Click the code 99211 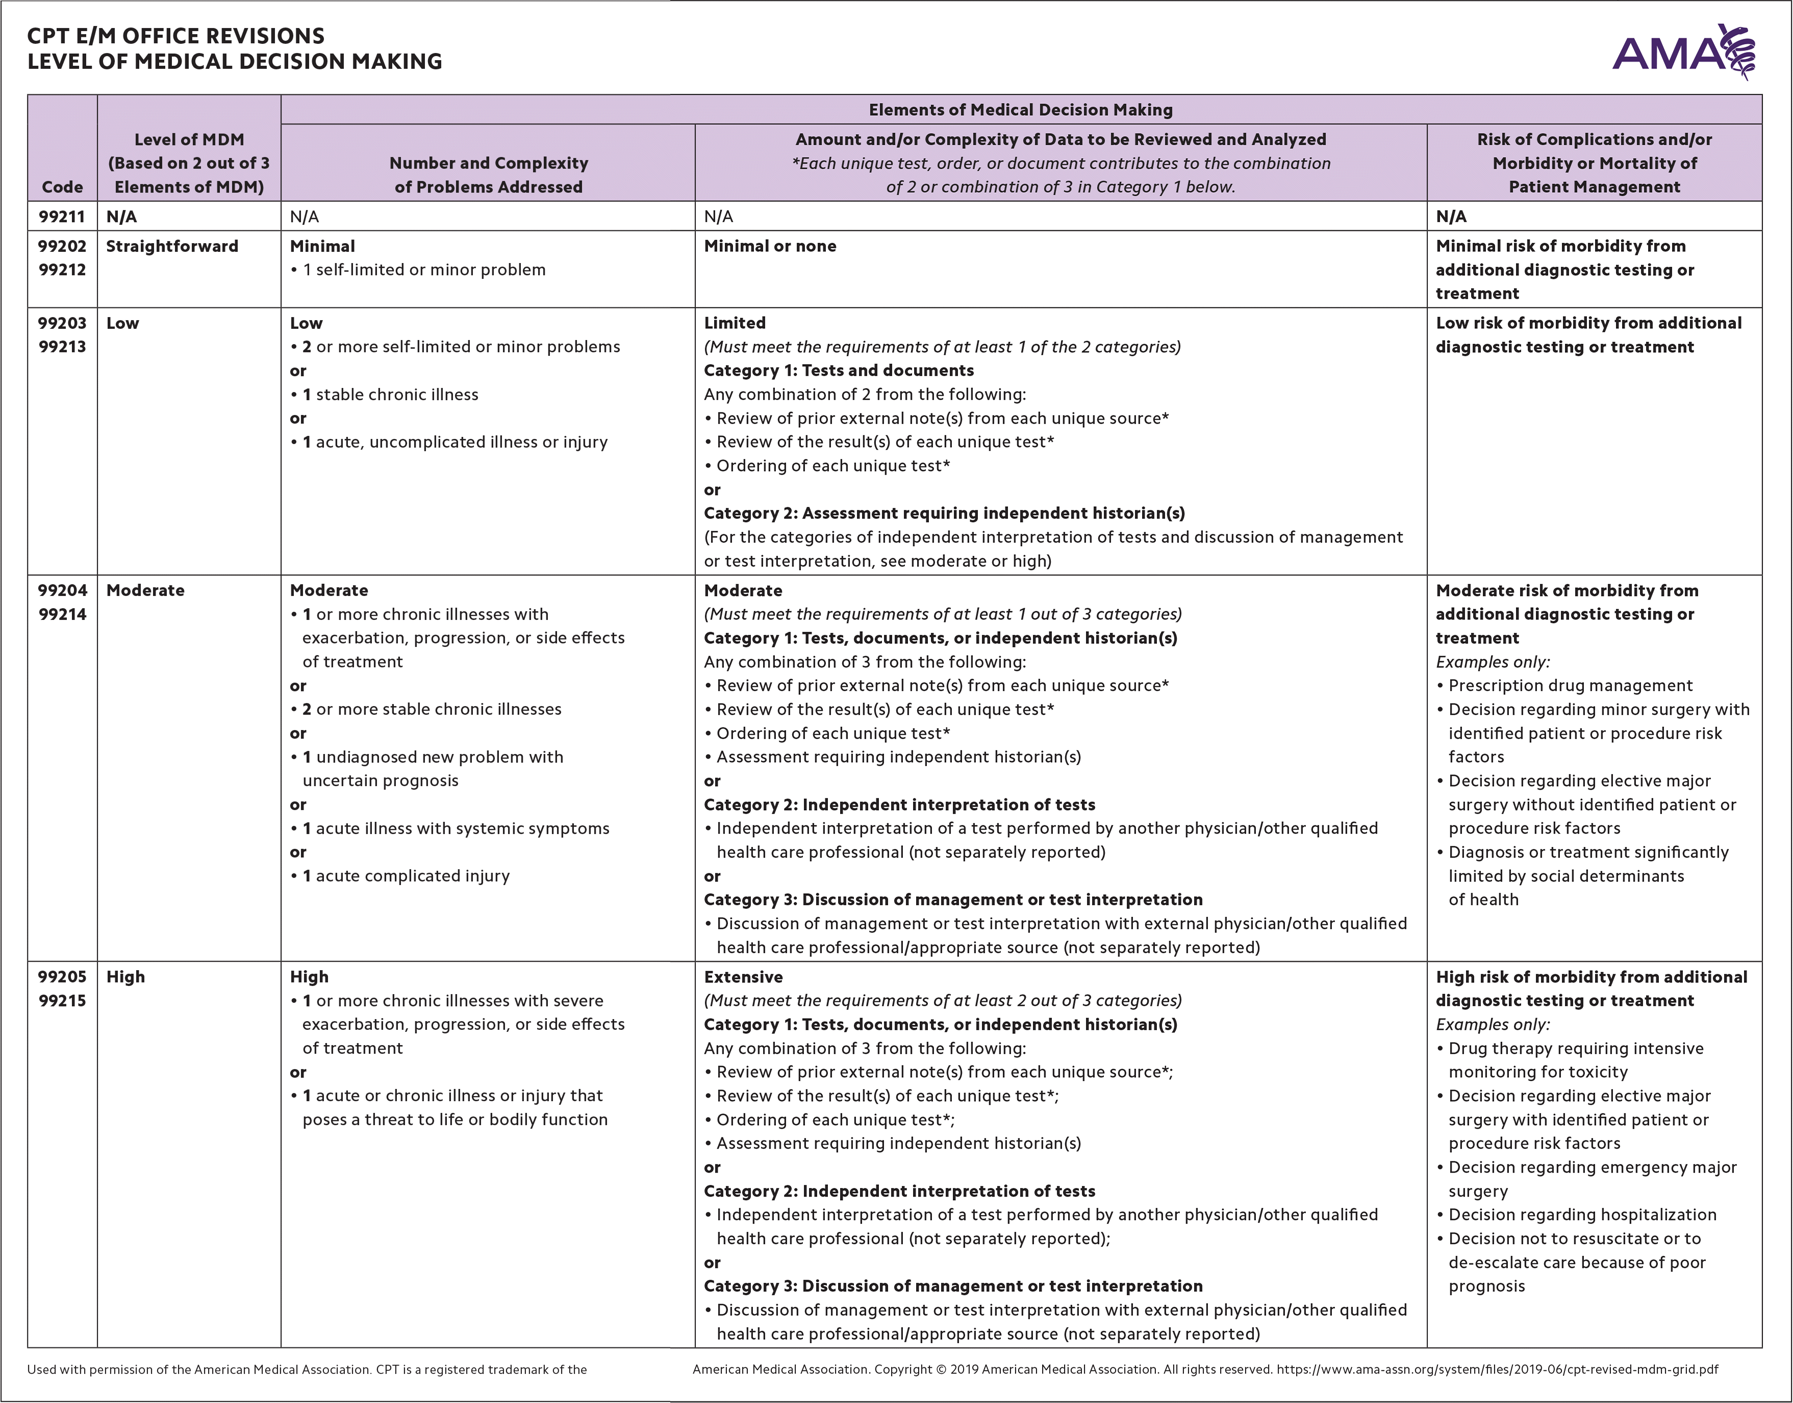click(62, 217)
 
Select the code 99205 click(62, 977)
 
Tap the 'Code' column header click(62, 187)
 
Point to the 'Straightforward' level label click(172, 246)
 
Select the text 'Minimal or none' click(770, 246)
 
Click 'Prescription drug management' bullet click(1570, 686)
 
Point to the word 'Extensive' click(743, 977)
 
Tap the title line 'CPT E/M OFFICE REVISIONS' click(176, 36)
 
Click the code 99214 click(62, 614)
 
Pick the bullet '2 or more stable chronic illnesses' click(432, 710)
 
